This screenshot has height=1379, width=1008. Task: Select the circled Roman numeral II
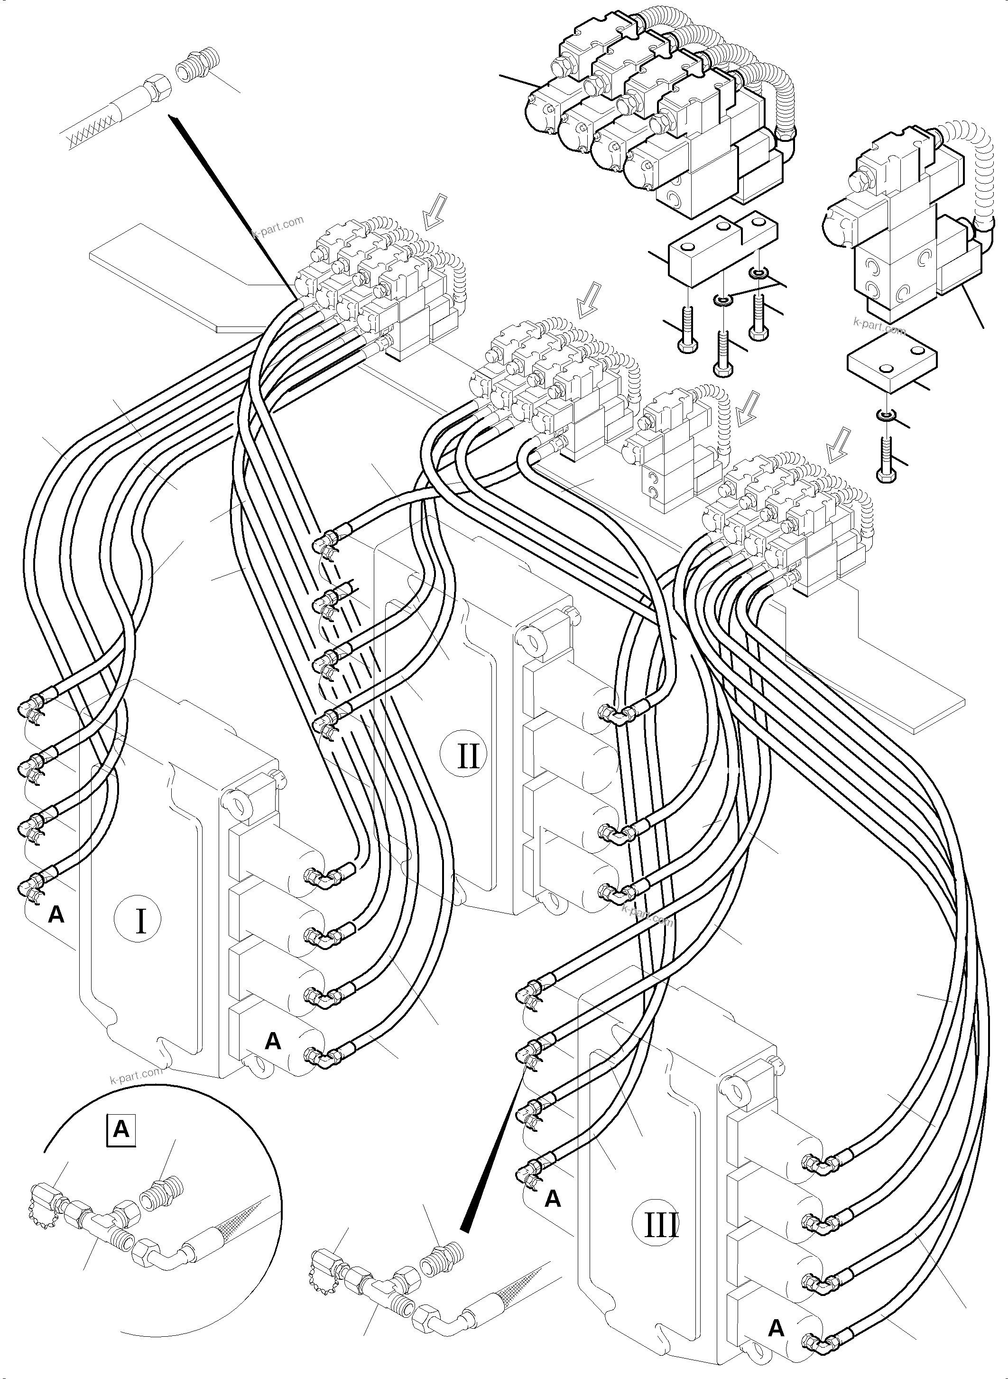point(467,756)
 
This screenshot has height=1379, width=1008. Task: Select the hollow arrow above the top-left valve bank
point(435,211)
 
